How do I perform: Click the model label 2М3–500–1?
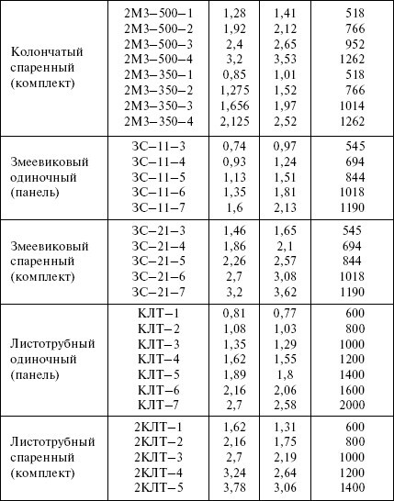click(159, 14)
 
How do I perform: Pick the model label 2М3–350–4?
click(159, 120)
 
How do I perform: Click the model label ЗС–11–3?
click(159, 149)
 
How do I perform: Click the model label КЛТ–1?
click(159, 314)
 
